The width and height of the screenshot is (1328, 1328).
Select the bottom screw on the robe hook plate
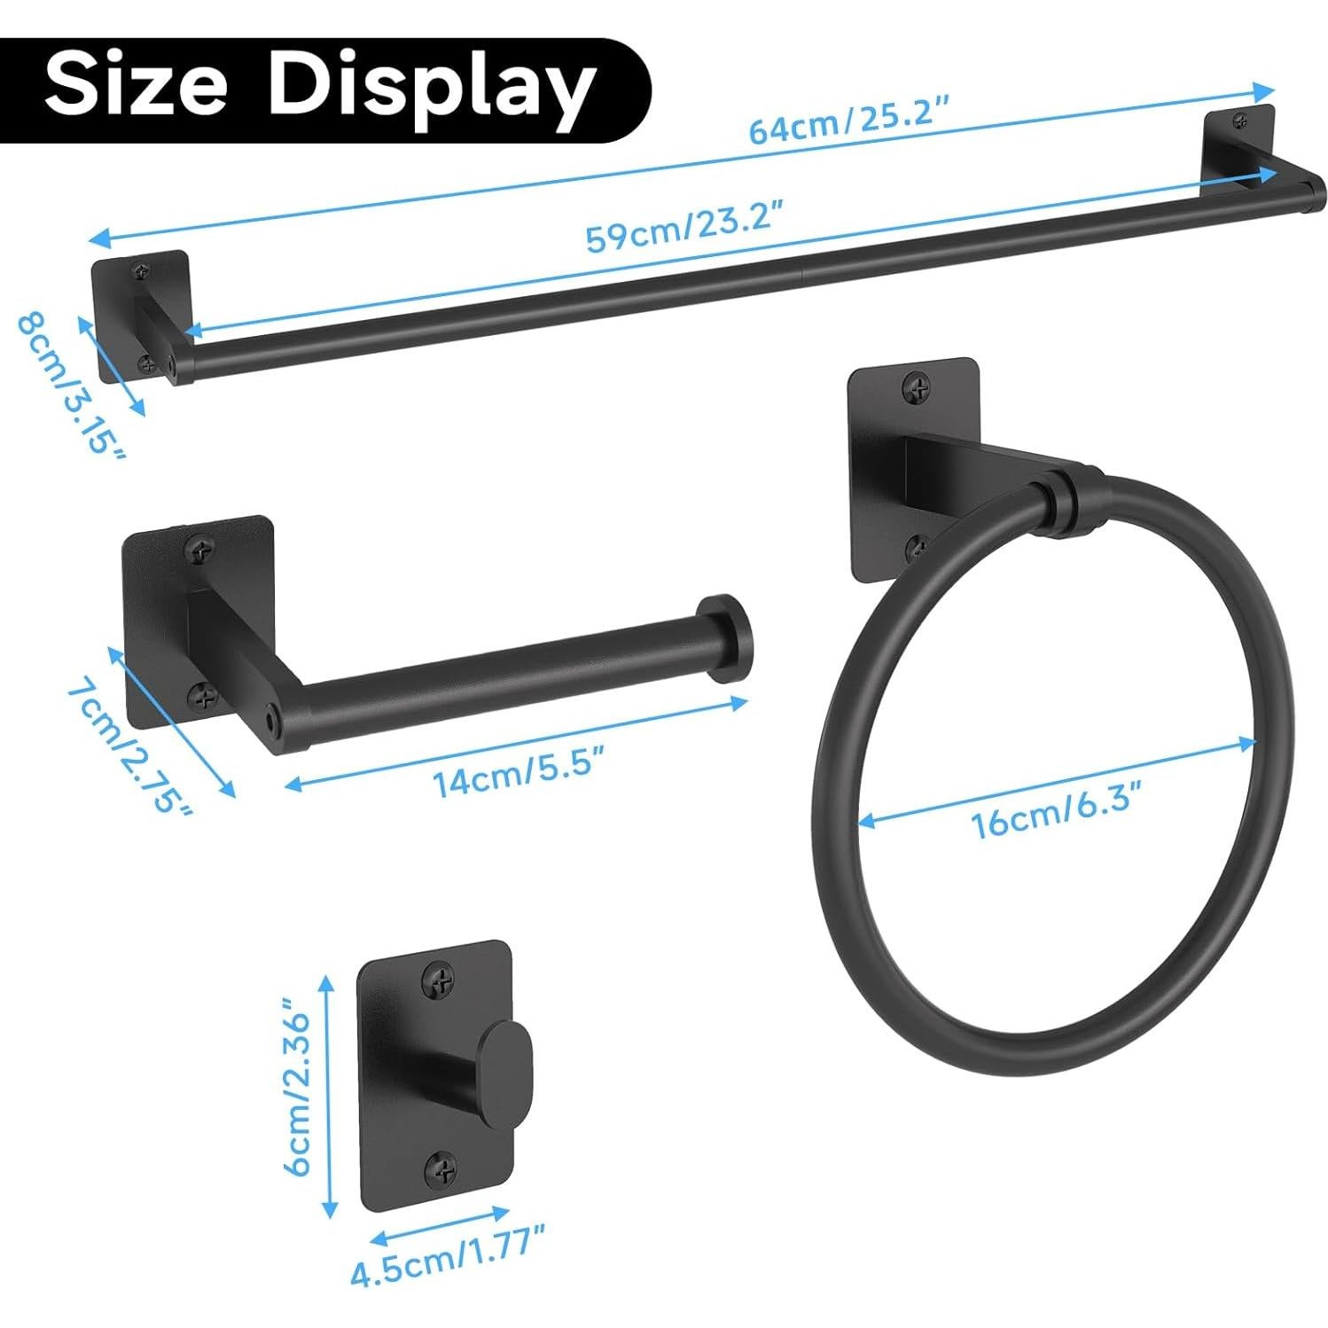coord(442,1169)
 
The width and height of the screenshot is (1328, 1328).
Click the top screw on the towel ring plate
coord(917,387)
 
